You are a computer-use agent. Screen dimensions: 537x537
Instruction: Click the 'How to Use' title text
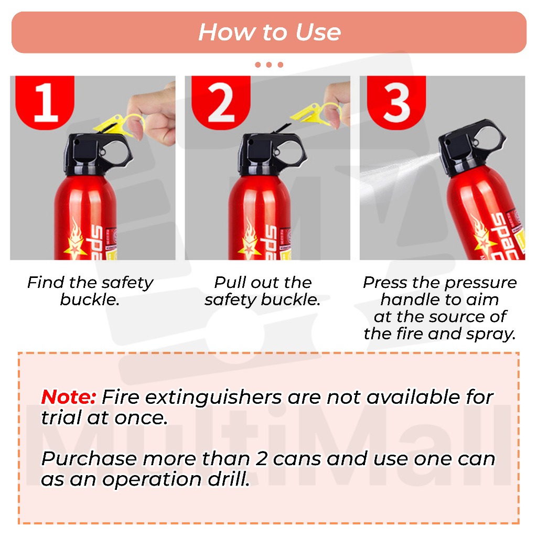[270, 32]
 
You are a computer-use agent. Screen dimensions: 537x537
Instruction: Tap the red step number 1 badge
[45, 102]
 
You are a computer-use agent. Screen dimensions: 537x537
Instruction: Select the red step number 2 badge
[221, 102]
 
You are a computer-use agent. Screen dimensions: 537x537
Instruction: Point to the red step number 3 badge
[396, 102]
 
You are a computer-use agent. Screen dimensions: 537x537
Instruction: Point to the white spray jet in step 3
[398, 175]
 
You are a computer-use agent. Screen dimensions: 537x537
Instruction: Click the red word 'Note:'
[68, 398]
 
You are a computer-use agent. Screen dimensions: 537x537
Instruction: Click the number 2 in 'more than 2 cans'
[261, 459]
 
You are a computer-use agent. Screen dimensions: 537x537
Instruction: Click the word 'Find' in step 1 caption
[46, 283]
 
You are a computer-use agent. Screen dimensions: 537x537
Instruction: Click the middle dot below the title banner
[269, 65]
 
